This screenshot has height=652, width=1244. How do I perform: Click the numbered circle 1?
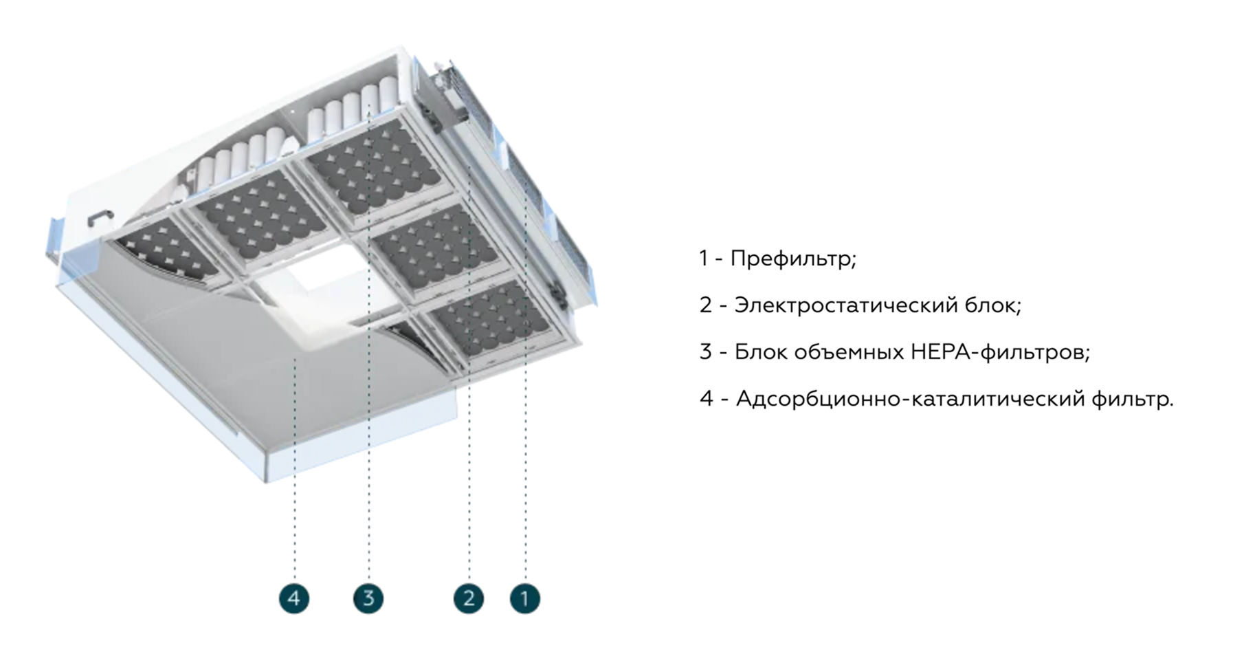click(524, 598)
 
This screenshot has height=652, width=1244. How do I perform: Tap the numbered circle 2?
click(469, 598)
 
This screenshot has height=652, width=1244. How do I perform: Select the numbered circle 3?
click(368, 598)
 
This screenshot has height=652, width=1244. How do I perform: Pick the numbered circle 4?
click(294, 598)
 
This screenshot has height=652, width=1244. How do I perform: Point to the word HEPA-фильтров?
click(1000, 352)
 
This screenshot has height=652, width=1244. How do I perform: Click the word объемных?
click(847, 352)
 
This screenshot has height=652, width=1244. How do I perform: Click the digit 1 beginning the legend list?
click(703, 259)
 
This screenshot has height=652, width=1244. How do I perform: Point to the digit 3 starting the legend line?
click(706, 352)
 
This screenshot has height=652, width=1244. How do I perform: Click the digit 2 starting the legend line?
click(706, 305)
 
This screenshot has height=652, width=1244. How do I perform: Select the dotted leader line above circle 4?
click(295, 481)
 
